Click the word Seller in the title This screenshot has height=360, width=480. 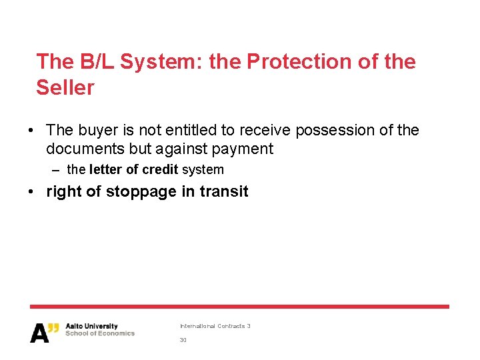tap(65, 87)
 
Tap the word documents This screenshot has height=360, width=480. tap(87, 148)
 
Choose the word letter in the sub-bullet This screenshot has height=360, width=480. tap(105, 170)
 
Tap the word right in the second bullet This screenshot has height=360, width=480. tap(64, 192)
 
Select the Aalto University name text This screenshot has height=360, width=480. tap(91, 327)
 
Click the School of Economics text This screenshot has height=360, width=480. tap(100, 333)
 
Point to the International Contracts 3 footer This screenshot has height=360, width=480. tap(215, 326)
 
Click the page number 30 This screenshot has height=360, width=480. tap(183, 340)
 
